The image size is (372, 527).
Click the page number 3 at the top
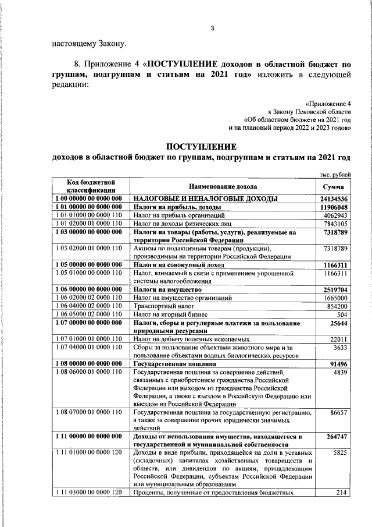point(212,29)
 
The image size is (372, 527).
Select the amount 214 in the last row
point(341,493)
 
